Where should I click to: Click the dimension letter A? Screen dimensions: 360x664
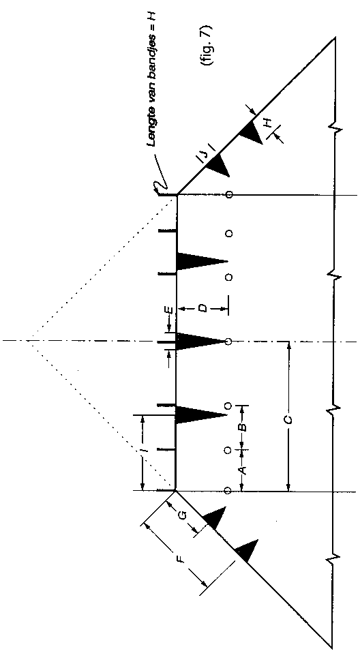coord(243,470)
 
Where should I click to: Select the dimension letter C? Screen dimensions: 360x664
coord(288,419)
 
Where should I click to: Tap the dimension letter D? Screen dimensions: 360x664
coord(203,308)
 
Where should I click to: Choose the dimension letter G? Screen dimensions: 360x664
coord(182,515)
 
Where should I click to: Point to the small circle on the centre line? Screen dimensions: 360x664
coord(228,342)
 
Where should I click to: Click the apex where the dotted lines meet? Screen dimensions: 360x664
coord(27,340)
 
